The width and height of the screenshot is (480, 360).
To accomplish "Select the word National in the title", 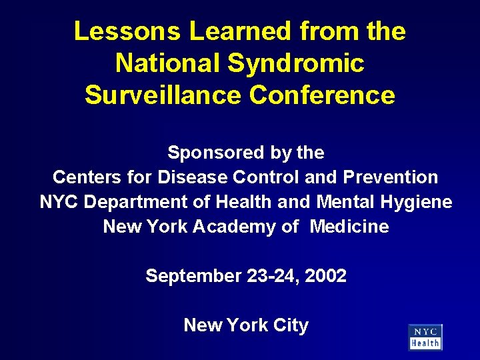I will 167,63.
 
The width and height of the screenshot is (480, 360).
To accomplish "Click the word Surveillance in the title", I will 163,95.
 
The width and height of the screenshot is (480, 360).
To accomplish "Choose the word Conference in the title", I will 323,95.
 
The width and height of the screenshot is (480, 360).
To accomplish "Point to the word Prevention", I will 391,177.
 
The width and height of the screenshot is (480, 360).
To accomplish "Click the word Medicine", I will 349,227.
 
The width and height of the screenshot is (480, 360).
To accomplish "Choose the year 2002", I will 325,276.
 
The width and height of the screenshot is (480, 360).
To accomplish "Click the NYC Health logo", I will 425,337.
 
